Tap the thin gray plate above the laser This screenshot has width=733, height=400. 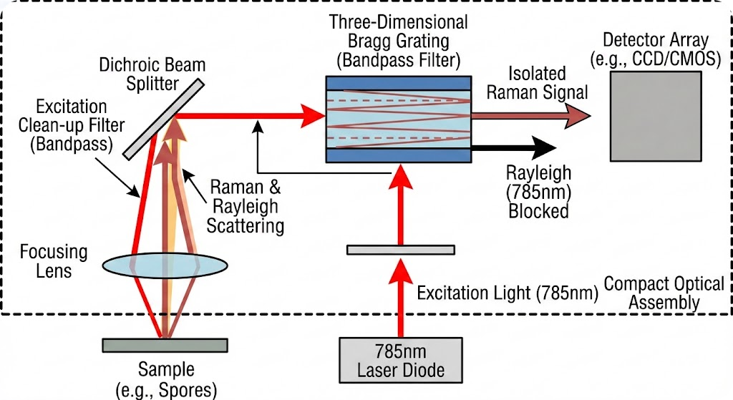coord(400,250)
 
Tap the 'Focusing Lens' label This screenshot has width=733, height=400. coord(53,261)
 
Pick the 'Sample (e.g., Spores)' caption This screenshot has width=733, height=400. coord(165,380)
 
